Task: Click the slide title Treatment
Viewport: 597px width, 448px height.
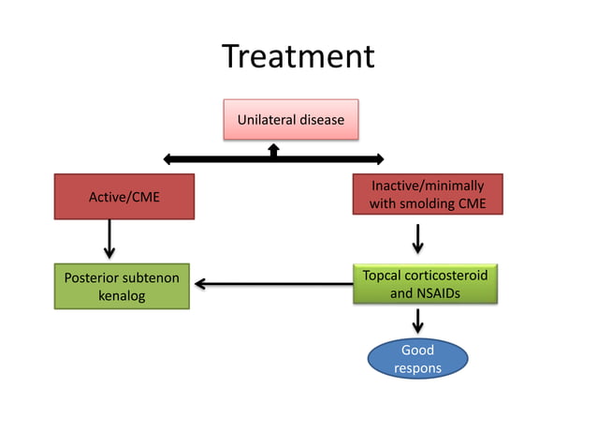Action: (298, 57)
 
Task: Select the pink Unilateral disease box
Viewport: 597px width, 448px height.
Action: (290, 120)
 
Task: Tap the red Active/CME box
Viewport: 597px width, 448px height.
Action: (124, 196)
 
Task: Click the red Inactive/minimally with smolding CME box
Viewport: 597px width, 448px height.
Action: (427, 195)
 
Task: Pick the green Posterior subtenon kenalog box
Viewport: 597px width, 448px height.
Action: (122, 287)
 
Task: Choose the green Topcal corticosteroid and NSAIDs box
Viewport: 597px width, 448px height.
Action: (426, 284)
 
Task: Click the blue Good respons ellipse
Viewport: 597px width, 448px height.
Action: (416, 359)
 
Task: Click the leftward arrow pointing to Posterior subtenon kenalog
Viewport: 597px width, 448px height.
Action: (271, 283)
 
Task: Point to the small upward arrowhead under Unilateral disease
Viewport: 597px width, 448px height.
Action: (273, 148)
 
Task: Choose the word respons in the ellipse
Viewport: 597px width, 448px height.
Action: (416, 368)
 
